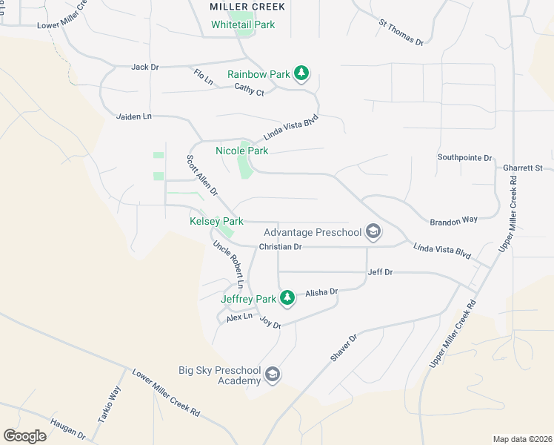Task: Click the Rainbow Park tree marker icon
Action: click(x=301, y=73)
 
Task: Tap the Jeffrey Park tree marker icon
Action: click(x=287, y=299)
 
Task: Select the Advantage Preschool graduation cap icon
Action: click(x=373, y=232)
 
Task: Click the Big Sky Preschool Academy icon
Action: click(x=273, y=375)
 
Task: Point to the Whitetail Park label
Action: click(x=243, y=24)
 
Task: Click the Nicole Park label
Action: click(x=241, y=151)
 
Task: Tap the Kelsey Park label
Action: click(x=217, y=221)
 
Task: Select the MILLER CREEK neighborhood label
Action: click(x=237, y=7)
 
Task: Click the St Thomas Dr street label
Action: click(x=401, y=33)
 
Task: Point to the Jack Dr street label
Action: click(x=145, y=67)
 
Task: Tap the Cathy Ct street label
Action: click(x=249, y=90)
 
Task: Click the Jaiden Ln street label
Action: click(x=133, y=116)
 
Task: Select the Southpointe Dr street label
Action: click(x=464, y=158)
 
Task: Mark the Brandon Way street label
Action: click(x=453, y=221)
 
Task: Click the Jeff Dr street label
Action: click(x=380, y=273)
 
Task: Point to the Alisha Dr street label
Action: click(x=321, y=292)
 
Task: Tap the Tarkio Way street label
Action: click(x=114, y=403)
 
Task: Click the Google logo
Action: click(x=24, y=435)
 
